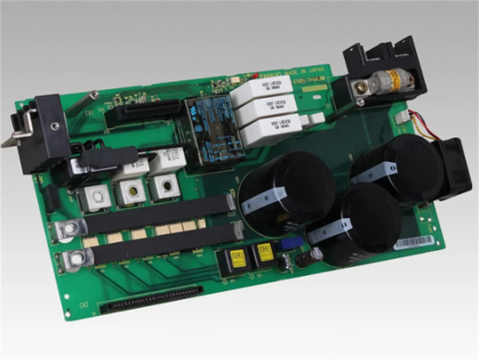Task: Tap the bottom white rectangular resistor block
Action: pyautogui.click(x=274, y=126)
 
